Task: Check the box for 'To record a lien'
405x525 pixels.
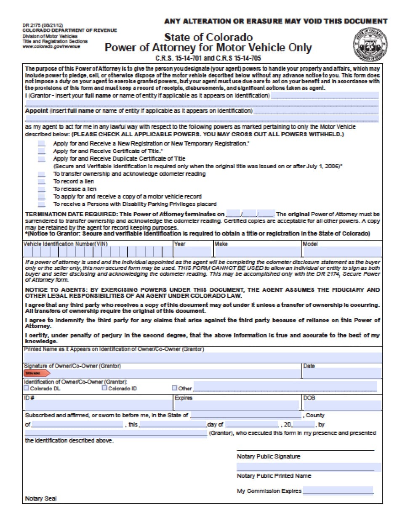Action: (x=41, y=182)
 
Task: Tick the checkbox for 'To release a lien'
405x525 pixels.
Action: (x=41, y=189)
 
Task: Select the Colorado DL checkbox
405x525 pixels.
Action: (x=27, y=388)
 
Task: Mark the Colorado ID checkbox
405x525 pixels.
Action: (x=104, y=388)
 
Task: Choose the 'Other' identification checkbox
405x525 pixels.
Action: (x=174, y=388)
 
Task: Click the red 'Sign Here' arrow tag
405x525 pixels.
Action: (x=37, y=373)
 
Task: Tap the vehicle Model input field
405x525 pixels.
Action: (x=342, y=252)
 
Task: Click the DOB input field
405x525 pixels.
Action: (x=342, y=406)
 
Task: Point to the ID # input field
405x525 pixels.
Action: (x=98, y=406)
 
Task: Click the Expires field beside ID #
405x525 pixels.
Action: (x=237, y=406)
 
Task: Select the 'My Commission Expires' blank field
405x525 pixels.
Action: (x=338, y=491)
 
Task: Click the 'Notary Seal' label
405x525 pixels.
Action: (x=41, y=498)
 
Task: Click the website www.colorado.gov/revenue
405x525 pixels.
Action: (x=51, y=47)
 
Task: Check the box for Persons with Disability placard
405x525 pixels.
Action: (x=41, y=204)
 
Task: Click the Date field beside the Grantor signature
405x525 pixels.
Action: (x=342, y=373)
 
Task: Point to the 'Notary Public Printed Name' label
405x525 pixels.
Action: (x=274, y=476)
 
